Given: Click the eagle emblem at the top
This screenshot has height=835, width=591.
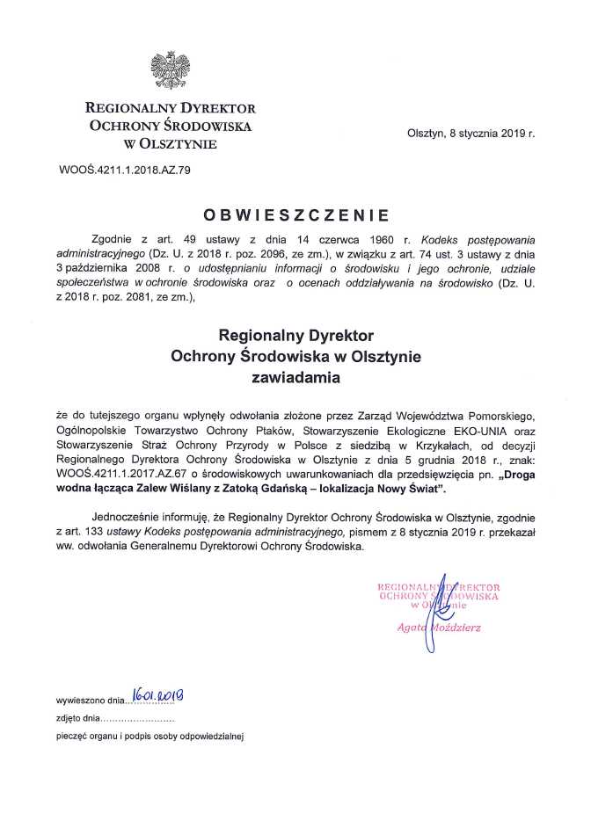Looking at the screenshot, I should point(170,70).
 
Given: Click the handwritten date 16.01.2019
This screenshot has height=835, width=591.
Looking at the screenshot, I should point(161,698).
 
